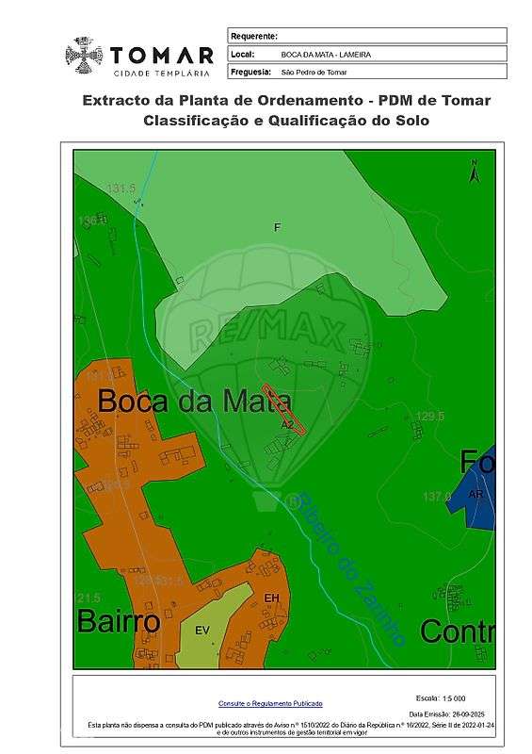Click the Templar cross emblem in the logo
click(85, 56)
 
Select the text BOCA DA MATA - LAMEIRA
click(326, 54)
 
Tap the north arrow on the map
click(476, 172)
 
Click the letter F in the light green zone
click(278, 227)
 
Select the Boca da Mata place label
click(194, 402)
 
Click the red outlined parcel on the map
click(283, 408)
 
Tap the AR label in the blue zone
click(476, 494)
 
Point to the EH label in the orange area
click(272, 598)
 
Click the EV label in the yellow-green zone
click(202, 630)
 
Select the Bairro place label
click(119, 622)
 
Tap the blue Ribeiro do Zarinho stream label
click(350, 570)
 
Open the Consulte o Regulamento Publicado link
click(270, 703)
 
